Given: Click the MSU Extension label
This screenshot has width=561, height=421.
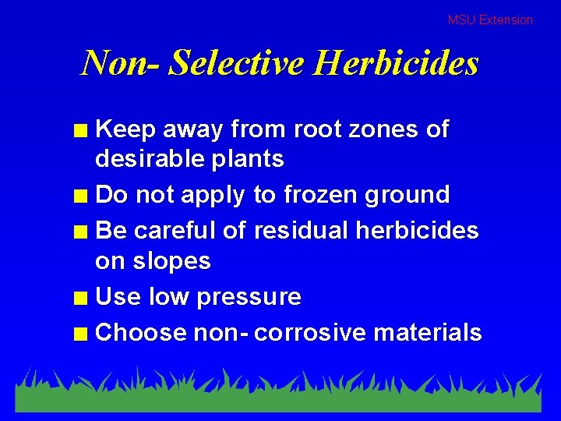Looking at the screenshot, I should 490,20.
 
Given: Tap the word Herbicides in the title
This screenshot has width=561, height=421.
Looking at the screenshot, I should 395,63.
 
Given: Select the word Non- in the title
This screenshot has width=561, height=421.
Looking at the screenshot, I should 121,63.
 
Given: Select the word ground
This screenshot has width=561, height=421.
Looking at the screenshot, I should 409,196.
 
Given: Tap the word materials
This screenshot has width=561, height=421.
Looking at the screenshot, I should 428,333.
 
